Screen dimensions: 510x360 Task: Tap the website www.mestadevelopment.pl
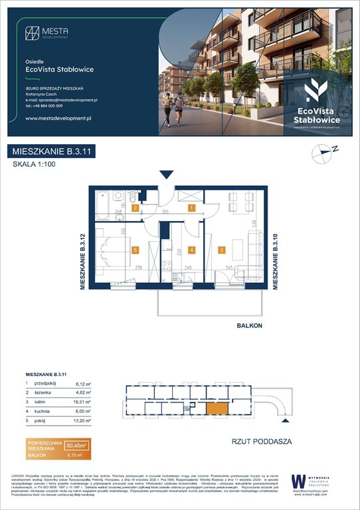point(57,118)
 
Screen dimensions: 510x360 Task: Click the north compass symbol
point(322,154)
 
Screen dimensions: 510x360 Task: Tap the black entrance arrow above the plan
point(167,175)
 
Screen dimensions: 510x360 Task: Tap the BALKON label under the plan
point(250,326)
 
